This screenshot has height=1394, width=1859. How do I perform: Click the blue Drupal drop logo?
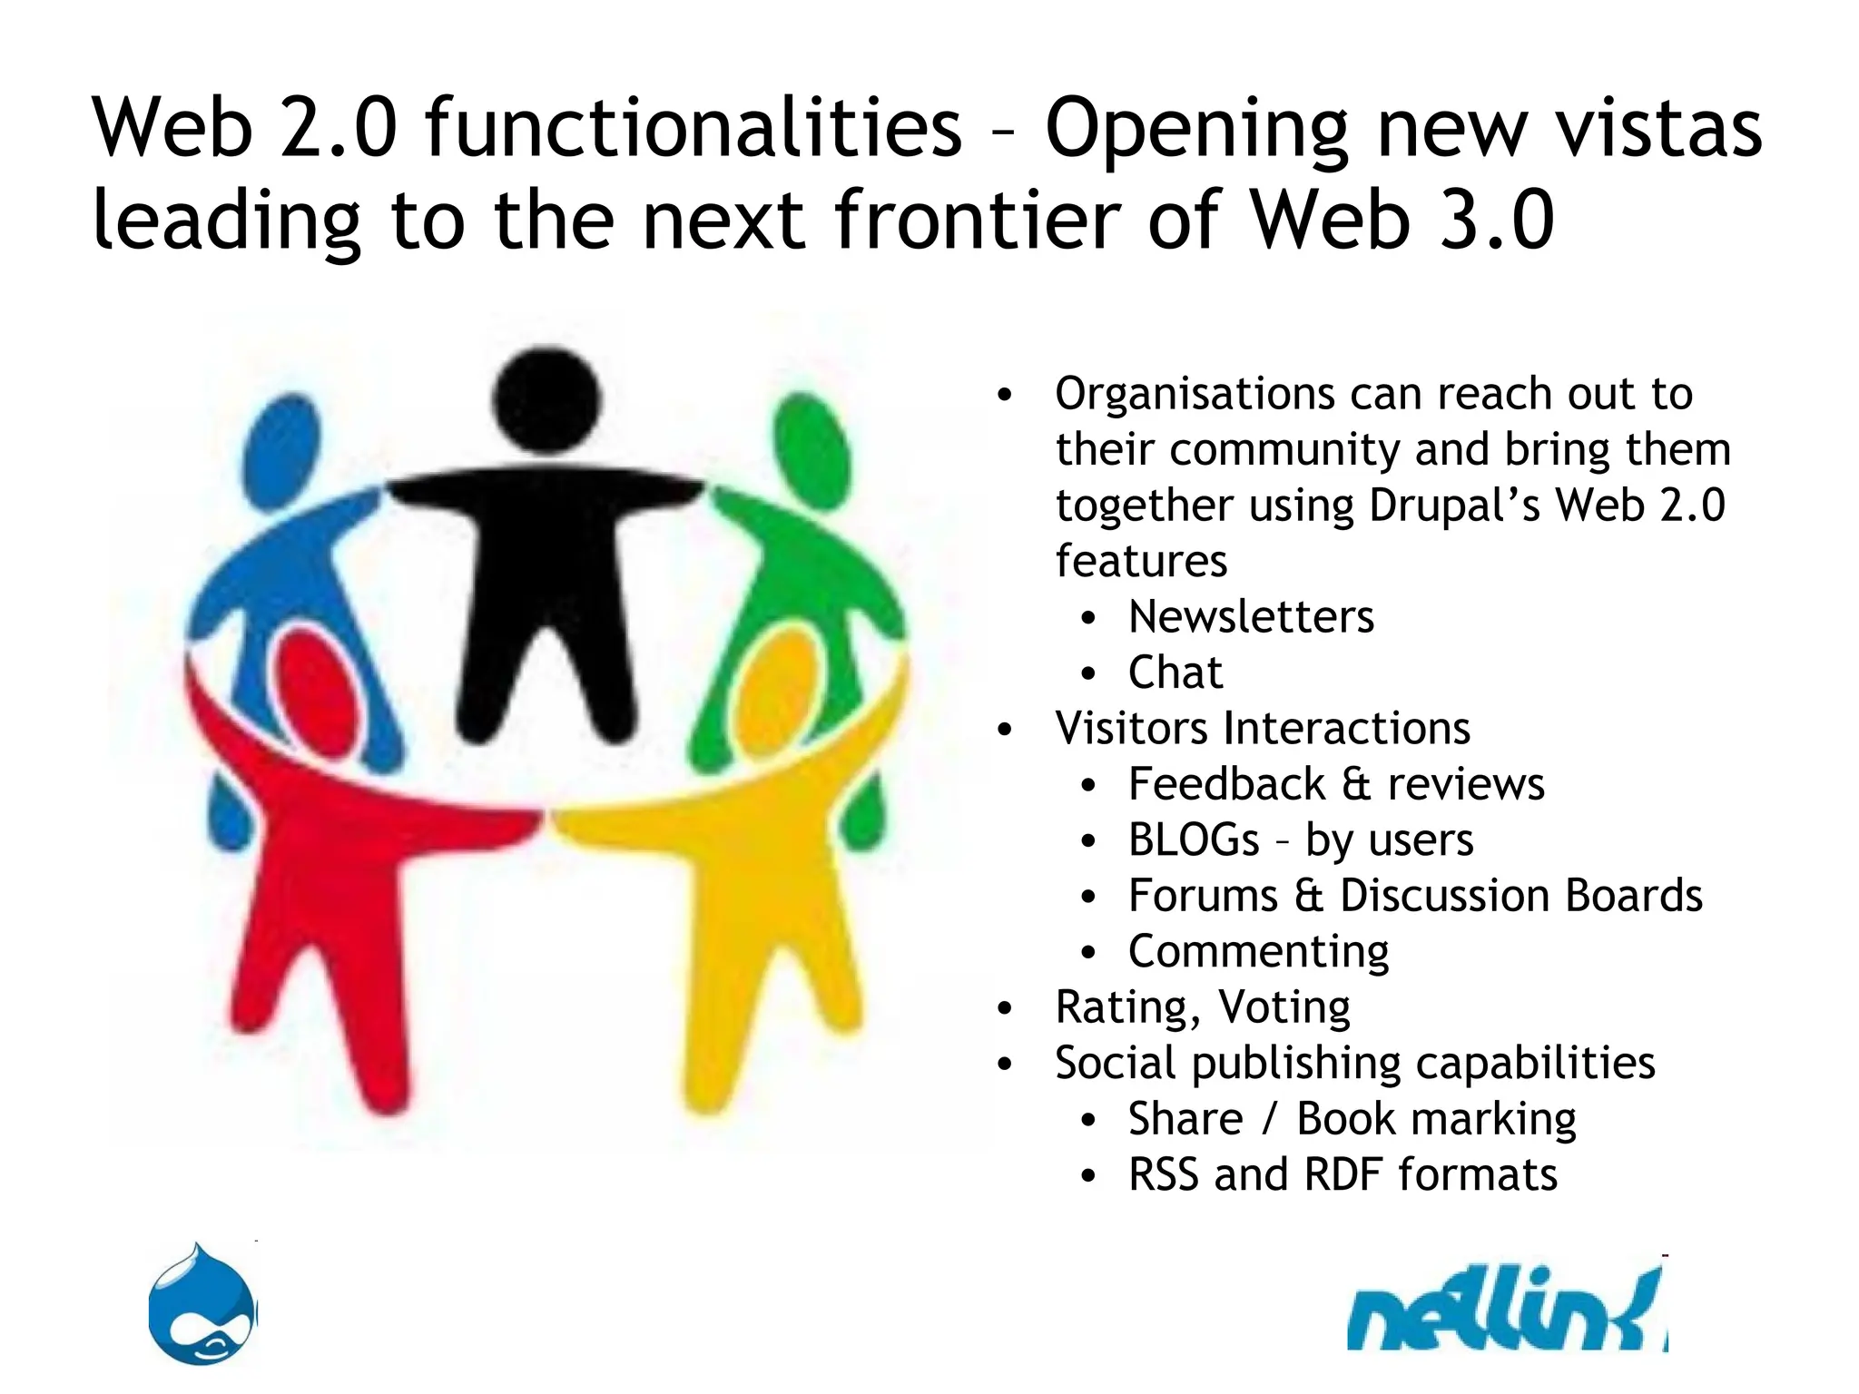203,1306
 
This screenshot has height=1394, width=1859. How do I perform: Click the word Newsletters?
1251,617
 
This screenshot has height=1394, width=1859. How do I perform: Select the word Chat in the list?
1175,672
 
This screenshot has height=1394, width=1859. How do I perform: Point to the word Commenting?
1258,952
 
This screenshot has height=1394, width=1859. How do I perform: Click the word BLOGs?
1194,840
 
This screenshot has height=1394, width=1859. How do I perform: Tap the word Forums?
1203,896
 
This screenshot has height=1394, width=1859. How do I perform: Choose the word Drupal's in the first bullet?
1454,506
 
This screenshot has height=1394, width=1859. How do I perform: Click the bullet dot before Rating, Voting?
1004,1008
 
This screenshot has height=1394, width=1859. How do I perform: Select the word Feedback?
1226,784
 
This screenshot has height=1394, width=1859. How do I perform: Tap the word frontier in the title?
979,220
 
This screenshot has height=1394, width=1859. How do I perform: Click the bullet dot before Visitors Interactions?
1004,730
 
